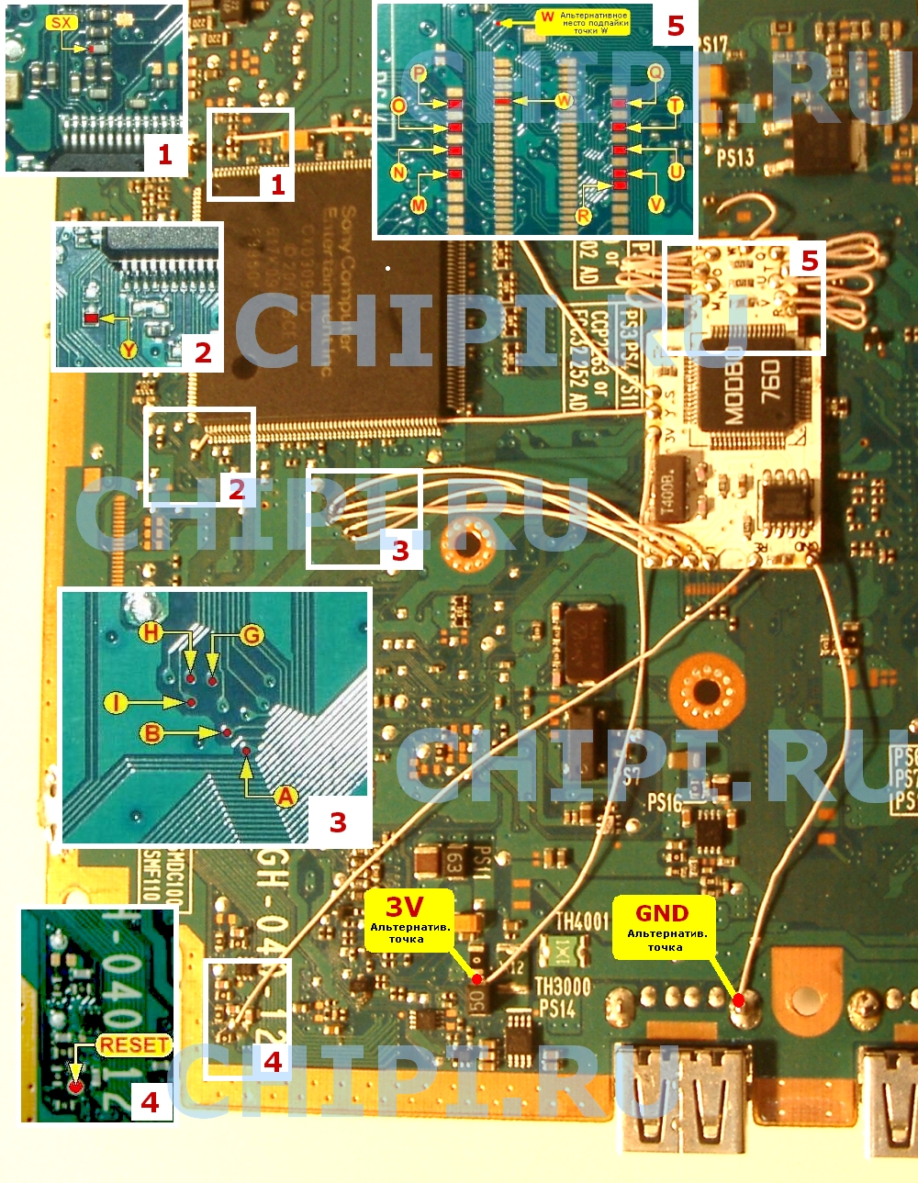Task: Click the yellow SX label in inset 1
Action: tap(62, 22)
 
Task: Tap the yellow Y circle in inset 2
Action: tap(129, 349)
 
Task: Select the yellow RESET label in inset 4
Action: tap(134, 1044)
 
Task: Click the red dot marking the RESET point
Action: tap(75, 1086)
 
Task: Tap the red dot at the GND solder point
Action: tap(739, 999)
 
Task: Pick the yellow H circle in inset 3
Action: tap(151, 631)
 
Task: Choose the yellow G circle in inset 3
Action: tap(251, 634)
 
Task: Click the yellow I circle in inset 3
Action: tap(116, 703)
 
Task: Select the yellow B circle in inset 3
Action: tap(151, 732)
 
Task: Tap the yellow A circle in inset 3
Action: tap(285, 796)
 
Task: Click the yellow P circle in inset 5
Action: tap(419, 73)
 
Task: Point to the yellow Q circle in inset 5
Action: tap(655, 73)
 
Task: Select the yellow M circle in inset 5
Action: tap(419, 204)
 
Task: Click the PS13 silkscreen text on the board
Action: tap(735, 156)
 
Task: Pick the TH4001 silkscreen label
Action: tap(582, 920)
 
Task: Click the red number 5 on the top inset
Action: tap(676, 26)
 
